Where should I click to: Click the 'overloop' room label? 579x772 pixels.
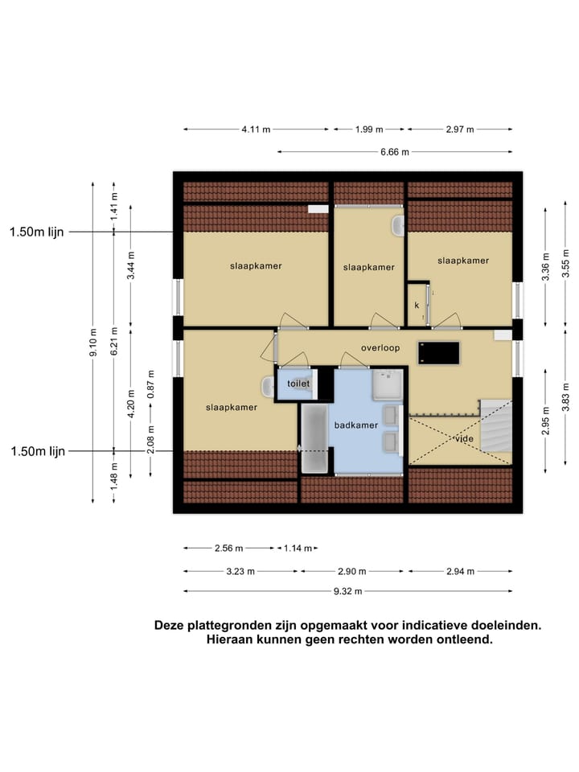pyautogui.click(x=380, y=348)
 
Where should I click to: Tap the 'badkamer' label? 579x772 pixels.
pyautogui.click(x=355, y=425)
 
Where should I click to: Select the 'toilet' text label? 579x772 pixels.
pyautogui.click(x=298, y=384)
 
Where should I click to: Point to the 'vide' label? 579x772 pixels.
pyautogui.click(x=464, y=439)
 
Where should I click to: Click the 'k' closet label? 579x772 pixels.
pyautogui.click(x=417, y=306)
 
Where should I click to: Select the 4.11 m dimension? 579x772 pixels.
pyautogui.click(x=256, y=129)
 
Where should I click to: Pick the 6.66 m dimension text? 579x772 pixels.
pyautogui.click(x=395, y=151)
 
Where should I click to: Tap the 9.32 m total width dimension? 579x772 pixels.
pyautogui.click(x=348, y=591)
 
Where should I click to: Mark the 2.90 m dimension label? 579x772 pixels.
pyautogui.click(x=351, y=571)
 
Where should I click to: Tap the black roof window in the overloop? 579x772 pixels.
pyautogui.click(x=438, y=353)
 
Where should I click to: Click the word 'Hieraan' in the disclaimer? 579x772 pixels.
pyautogui.click(x=234, y=640)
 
